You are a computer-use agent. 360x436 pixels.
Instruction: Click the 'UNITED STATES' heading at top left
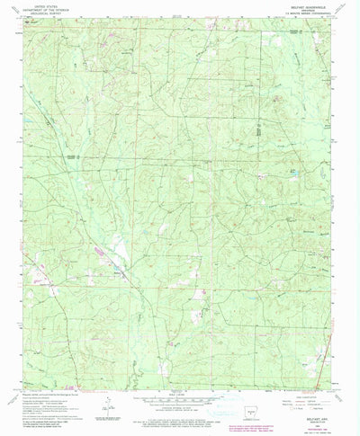click(x=40, y=4)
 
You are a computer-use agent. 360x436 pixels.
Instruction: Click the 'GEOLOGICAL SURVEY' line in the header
click(x=40, y=13)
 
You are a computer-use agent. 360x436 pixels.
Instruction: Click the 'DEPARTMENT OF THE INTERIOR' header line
click(x=40, y=9)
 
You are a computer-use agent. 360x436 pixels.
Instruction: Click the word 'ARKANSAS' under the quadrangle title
click(x=310, y=9)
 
